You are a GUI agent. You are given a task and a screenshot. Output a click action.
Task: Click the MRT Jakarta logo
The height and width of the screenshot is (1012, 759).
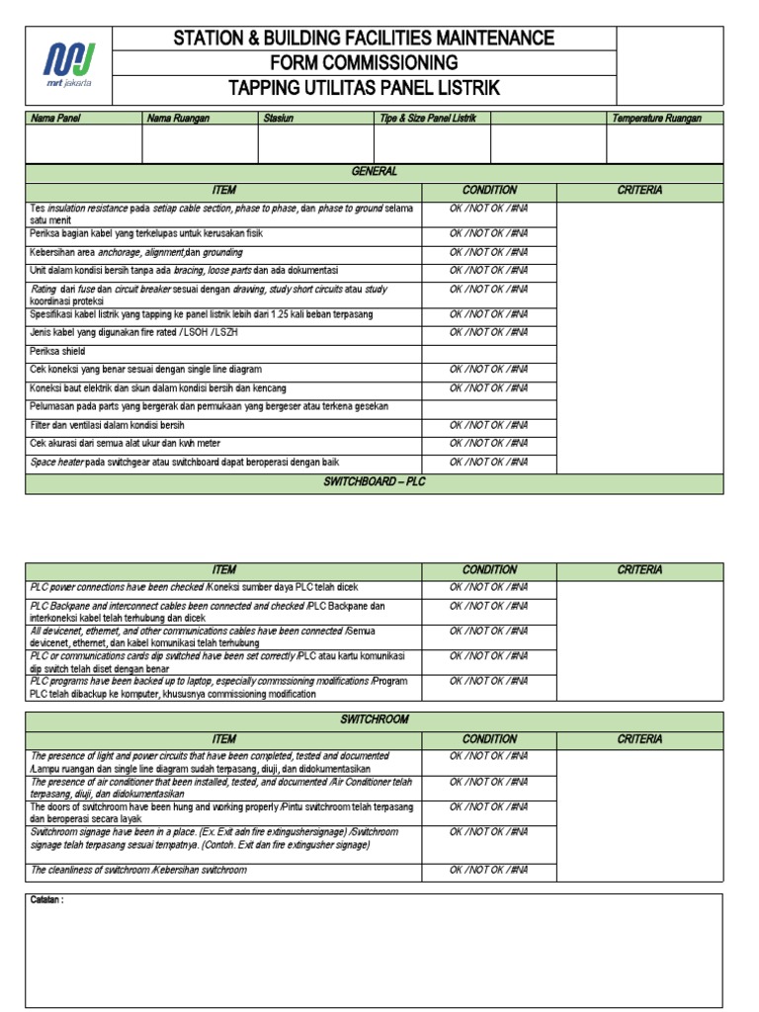(x=68, y=65)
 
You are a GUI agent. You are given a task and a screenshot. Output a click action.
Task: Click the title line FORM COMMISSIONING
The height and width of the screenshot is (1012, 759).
(x=364, y=63)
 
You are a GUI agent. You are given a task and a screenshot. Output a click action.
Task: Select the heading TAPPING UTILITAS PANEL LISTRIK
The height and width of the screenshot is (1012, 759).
(x=364, y=89)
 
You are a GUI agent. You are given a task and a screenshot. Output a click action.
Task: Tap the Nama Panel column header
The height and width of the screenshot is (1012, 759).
(x=56, y=119)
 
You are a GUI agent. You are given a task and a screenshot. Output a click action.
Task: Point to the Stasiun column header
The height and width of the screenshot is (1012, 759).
(x=279, y=119)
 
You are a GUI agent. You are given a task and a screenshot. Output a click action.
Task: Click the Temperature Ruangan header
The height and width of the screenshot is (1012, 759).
(x=656, y=119)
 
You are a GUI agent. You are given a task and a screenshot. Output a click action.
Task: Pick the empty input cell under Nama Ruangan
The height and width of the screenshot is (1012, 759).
(x=200, y=143)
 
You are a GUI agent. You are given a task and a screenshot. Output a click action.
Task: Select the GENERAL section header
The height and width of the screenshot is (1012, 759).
(x=375, y=172)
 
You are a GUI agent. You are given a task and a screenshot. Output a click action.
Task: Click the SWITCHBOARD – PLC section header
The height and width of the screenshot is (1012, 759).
(x=375, y=481)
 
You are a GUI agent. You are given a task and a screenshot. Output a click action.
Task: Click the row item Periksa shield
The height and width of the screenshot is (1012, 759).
(x=57, y=351)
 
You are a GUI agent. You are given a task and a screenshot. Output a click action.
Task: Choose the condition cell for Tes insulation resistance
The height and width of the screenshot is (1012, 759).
(x=488, y=209)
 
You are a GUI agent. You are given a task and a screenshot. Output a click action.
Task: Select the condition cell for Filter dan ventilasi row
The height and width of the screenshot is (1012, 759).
(x=488, y=425)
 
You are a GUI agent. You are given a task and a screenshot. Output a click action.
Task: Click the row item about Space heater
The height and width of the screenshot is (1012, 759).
(x=184, y=462)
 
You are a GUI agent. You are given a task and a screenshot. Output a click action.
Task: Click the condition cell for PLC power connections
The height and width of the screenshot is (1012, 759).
(x=488, y=587)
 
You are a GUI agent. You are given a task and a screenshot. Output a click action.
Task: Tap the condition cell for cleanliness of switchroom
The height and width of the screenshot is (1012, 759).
(x=488, y=870)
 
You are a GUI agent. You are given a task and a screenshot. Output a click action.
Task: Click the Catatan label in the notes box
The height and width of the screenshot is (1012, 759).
(x=47, y=901)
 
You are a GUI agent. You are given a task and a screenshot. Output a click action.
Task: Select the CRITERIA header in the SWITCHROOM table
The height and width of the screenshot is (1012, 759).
(x=639, y=739)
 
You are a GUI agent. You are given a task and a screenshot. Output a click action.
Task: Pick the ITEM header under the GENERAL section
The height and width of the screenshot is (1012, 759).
(x=224, y=190)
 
